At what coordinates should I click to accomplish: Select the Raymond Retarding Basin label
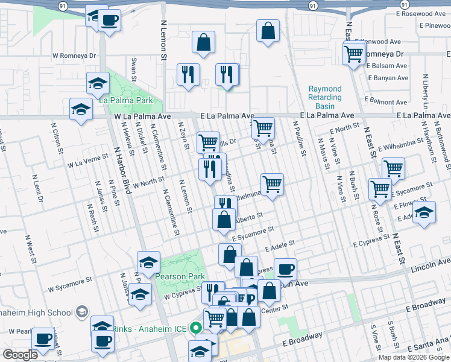pyautogui.click(x=325, y=97)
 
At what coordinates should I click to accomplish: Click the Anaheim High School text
pyautogui.click(x=36, y=312)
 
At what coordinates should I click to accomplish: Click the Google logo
pyautogui.click(x=20, y=355)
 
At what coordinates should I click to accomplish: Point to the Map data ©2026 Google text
pyautogui.click(x=414, y=357)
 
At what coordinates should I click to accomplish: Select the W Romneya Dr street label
pyautogui.click(x=75, y=56)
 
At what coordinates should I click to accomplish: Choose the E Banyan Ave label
pyautogui.click(x=388, y=78)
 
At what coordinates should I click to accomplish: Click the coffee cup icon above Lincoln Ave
pyautogui.click(x=285, y=268)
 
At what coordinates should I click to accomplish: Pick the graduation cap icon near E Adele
pyautogui.click(x=424, y=214)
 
